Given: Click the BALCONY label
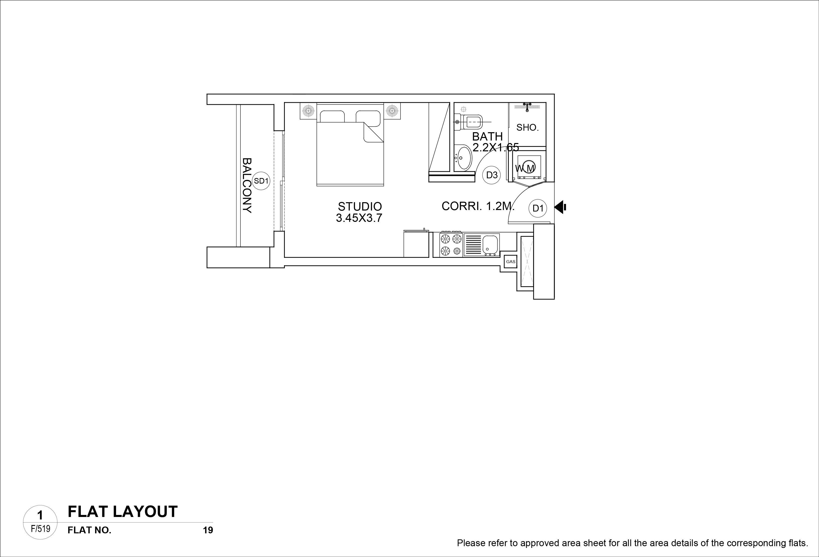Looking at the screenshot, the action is click(247, 185).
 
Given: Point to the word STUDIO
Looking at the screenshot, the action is click(360, 206).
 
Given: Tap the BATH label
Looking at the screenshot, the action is click(487, 136).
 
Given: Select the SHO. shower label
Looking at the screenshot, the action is click(527, 128).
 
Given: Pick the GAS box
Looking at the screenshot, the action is click(511, 262).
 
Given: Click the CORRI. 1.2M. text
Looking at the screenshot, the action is click(478, 206).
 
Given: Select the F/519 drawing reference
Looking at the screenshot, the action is click(41, 529).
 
